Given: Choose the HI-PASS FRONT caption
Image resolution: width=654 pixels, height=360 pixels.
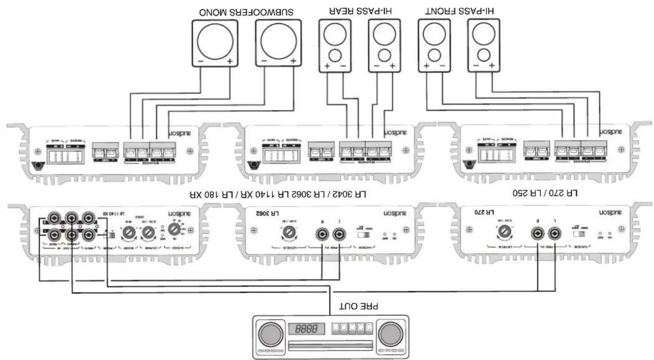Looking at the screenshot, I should point(462,11).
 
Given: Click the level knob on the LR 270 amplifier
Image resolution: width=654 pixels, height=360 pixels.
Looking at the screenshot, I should point(504,232).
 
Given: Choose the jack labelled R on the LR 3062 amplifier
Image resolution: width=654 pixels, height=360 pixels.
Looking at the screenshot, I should point(322,233).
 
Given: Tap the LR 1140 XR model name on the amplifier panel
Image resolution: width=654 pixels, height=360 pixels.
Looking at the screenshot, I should point(115,213).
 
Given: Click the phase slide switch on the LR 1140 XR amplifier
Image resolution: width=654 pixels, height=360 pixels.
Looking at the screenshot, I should point(110,234).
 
